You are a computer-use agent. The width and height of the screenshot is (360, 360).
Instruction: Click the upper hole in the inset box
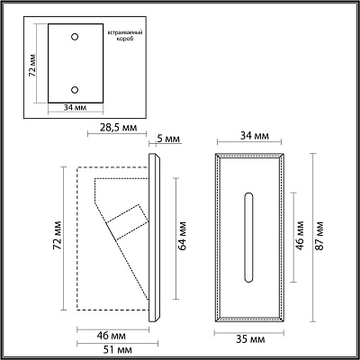(x=75, y=37)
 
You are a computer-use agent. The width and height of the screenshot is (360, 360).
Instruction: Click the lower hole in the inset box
(x=75, y=89)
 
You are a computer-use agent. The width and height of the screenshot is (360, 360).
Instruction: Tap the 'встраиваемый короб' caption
(x=125, y=35)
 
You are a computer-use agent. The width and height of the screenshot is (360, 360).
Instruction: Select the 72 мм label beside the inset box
(x=32, y=66)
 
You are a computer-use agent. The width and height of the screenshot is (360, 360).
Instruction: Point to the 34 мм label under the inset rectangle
(x=75, y=107)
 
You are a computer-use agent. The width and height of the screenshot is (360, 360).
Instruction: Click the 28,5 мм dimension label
(x=118, y=127)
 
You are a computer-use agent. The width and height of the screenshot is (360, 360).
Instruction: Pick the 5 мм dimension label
(x=168, y=139)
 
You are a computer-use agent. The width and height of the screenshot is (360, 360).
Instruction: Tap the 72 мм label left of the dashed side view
(x=57, y=235)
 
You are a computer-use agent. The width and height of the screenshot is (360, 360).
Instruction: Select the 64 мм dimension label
(x=182, y=236)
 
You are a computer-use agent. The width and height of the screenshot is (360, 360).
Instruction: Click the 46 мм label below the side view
(x=112, y=336)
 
